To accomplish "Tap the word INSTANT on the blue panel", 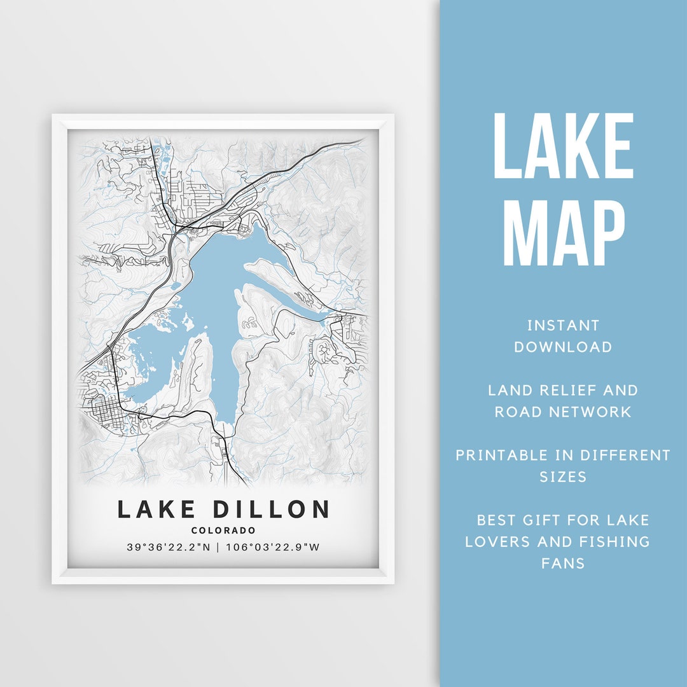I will click(563, 326).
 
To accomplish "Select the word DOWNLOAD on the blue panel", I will click(563, 347).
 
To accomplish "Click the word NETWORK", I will click(592, 412).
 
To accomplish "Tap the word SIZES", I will click(563, 476).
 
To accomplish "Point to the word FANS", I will click(563, 563).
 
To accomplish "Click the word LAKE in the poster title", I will click(158, 510).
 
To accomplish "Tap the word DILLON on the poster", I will click(271, 510).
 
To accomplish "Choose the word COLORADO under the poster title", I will click(223, 531).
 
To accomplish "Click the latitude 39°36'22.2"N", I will click(167, 547).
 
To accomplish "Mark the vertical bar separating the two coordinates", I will click(217, 547).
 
